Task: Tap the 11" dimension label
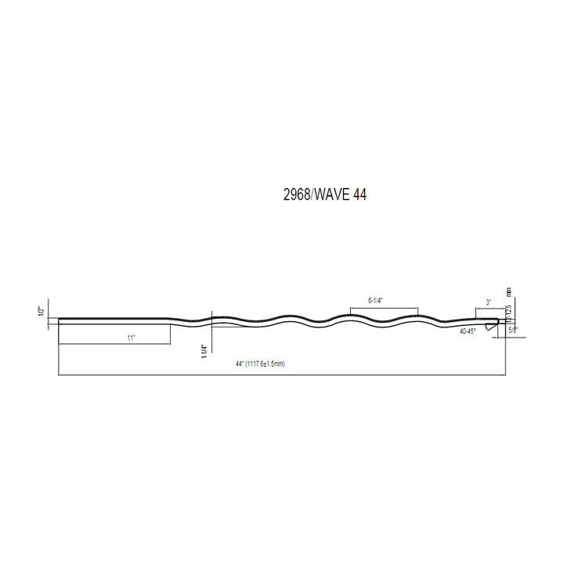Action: tap(131, 338)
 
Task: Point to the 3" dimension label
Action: tap(488, 302)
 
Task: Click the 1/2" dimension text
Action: tap(40, 311)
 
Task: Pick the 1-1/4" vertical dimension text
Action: tap(203, 352)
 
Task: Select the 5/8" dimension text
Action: tap(513, 331)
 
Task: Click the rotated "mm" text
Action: tap(508, 291)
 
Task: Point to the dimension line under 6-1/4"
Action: tap(383, 307)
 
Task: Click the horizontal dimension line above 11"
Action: tap(114, 343)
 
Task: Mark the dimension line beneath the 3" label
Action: tap(486, 309)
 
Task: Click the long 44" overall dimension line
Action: tap(282, 375)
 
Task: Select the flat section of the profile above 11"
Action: tap(114, 319)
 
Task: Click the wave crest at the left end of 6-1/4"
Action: tap(350, 316)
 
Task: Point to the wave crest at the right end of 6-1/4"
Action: tap(417, 316)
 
